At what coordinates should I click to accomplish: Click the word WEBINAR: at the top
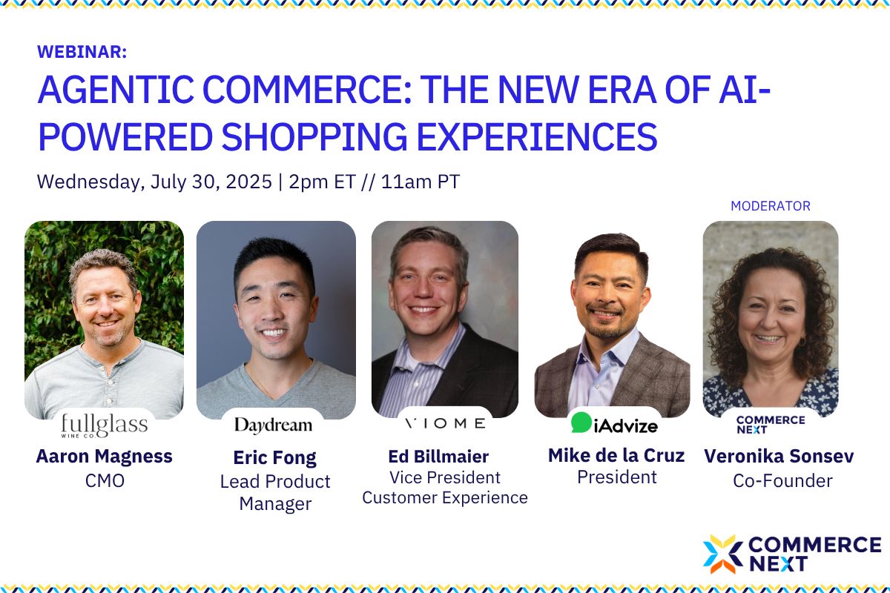(x=82, y=52)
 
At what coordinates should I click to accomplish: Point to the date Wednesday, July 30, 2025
(x=154, y=182)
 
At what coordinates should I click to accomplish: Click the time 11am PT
(x=420, y=182)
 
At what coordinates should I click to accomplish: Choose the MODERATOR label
(x=771, y=206)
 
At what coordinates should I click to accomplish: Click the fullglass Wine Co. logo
(x=104, y=426)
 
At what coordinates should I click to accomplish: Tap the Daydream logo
(x=273, y=425)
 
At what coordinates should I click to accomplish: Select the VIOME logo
(x=445, y=423)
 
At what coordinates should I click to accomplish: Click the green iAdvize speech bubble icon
(x=581, y=423)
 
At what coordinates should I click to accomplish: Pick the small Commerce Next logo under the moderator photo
(x=759, y=425)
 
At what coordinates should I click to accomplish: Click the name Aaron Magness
(x=104, y=456)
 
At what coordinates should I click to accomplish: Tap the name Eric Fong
(x=275, y=457)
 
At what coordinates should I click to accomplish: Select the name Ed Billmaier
(x=438, y=455)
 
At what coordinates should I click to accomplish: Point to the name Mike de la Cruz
(x=617, y=454)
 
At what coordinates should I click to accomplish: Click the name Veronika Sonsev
(x=779, y=456)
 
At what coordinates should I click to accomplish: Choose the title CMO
(x=105, y=481)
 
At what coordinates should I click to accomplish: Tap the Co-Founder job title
(x=782, y=481)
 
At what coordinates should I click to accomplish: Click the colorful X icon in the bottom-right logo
(x=722, y=554)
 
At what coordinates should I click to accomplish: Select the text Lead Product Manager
(x=275, y=492)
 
